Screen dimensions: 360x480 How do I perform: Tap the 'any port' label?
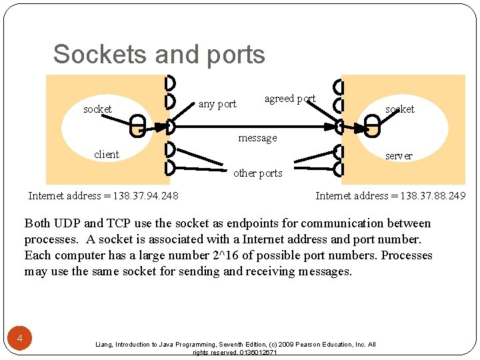click(x=217, y=104)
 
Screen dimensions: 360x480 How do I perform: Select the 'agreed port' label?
click(x=290, y=99)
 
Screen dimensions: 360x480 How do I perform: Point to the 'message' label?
click(x=257, y=138)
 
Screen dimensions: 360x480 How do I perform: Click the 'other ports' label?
click(x=257, y=173)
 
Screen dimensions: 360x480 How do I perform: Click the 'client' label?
click(x=107, y=155)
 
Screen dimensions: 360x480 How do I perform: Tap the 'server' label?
click(x=399, y=156)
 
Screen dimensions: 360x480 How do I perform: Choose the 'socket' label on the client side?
click(x=97, y=109)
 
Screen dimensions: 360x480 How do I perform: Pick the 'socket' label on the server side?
click(x=400, y=109)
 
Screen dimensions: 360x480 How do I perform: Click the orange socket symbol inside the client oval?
click(x=138, y=125)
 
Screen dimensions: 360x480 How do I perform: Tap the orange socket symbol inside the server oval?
click(x=372, y=125)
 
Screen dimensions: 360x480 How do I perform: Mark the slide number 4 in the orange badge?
click(x=20, y=339)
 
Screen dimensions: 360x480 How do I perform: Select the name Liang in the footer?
click(x=105, y=345)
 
